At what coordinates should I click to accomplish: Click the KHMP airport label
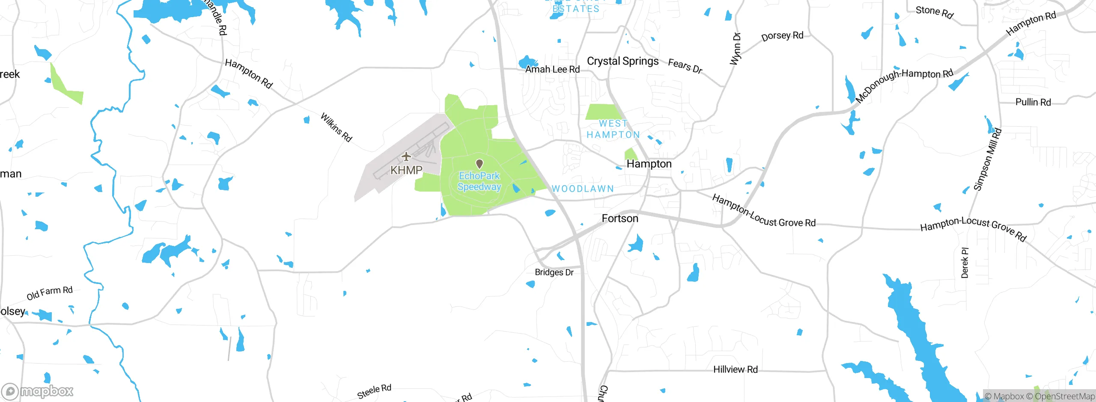click(406, 170)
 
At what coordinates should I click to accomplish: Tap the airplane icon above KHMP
click(406, 157)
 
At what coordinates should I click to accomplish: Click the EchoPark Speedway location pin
click(479, 164)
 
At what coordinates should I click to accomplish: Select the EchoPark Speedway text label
click(479, 181)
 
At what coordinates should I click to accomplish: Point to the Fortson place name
click(620, 219)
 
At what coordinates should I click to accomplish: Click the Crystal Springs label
click(622, 61)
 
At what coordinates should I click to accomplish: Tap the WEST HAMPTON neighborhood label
click(613, 129)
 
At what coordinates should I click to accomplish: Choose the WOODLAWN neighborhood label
click(583, 189)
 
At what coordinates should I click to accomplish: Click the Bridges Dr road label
click(554, 272)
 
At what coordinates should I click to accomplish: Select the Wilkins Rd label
click(337, 127)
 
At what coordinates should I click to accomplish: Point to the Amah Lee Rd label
click(552, 69)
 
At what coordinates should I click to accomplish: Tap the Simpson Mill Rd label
click(988, 159)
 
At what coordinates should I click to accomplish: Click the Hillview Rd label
click(735, 369)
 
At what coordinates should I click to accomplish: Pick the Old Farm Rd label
click(50, 293)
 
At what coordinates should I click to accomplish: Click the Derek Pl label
click(965, 263)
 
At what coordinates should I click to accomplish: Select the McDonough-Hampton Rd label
click(904, 86)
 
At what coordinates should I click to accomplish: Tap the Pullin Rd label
click(1033, 102)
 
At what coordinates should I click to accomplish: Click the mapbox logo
click(38, 391)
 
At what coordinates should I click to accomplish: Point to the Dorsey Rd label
click(782, 36)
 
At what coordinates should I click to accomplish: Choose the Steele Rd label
click(374, 391)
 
